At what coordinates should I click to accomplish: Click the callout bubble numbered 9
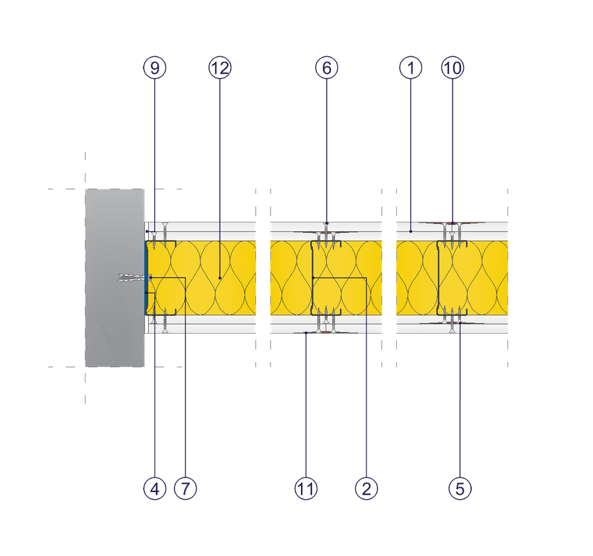(x=154, y=67)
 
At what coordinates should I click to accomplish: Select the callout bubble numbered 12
(x=220, y=67)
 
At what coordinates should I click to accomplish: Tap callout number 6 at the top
(x=327, y=67)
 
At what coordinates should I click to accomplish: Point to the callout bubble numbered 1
(x=411, y=67)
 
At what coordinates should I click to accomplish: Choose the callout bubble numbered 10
(x=453, y=67)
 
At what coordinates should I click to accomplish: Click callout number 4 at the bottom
(x=154, y=489)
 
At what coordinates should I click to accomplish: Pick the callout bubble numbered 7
(x=185, y=489)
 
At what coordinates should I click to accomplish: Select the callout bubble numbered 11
(x=305, y=489)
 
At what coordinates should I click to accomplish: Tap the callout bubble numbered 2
(x=366, y=489)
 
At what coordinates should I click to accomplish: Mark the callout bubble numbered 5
(x=460, y=489)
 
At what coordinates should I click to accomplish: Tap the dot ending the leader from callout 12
(x=220, y=278)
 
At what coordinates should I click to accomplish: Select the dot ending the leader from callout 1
(x=411, y=229)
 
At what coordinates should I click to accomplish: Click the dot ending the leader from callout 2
(x=314, y=278)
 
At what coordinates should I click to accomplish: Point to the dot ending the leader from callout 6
(x=327, y=224)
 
